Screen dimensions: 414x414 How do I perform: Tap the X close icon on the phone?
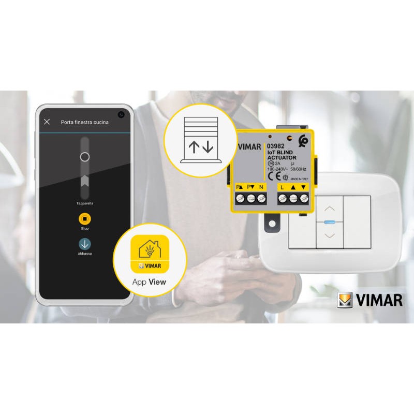click(47, 122)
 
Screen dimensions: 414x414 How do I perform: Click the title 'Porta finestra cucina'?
click(84, 122)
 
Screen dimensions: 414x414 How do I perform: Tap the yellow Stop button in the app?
click(85, 218)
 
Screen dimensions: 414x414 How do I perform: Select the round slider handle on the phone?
click(85, 157)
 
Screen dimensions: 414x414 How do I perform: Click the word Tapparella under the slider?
click(85, 203)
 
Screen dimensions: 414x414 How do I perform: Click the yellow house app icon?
click(150, 254)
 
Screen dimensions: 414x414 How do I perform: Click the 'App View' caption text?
click(149, 282)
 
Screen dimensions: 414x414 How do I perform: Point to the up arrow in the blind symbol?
click(194, 147)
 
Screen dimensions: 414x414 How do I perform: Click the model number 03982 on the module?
click(276, 146)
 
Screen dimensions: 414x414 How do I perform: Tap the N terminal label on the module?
click(261, 186)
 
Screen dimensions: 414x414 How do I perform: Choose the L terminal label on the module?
click(283, 186)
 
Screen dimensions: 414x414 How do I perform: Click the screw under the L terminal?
click(283, 198)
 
